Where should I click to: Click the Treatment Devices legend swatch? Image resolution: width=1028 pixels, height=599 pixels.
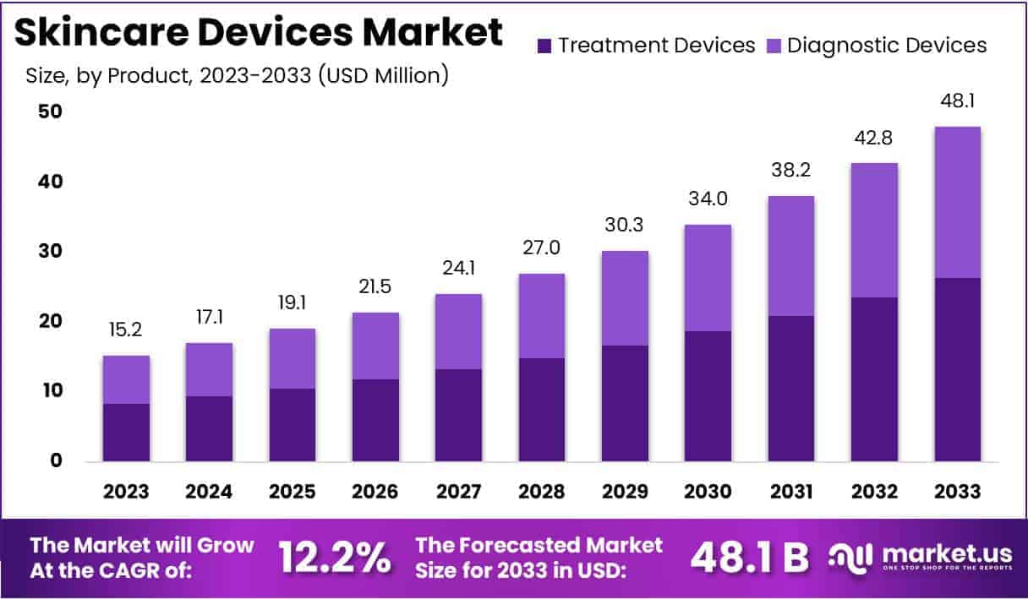click(x=545, y=46)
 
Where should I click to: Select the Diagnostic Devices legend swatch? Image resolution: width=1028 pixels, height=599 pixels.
click(x=773, y=46)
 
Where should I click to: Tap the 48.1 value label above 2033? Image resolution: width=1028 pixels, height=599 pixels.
click(x=957, y=102)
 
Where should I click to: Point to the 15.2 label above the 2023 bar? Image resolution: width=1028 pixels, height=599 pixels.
click(x=126, y=332)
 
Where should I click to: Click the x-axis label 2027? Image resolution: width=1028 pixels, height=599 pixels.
click(x=458, y=492)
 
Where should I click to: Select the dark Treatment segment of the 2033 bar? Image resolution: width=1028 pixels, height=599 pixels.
click(x=957, y=369)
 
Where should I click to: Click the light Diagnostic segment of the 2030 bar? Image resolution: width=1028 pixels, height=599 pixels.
click(x=708, y=278)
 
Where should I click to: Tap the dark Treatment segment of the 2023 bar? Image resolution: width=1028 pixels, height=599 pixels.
click(x=126, y=432)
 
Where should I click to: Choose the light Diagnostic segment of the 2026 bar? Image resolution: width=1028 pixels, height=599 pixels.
click(x=375, y=346)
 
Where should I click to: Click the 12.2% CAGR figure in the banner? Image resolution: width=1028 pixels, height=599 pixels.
click(x=334, y=558)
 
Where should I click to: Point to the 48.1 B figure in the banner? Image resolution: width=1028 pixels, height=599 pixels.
click(x=749, y=558)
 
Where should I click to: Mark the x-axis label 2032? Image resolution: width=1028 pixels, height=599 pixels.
click(x=874, y=492)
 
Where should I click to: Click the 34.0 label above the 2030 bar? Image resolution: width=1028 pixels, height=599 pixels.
click(x=708, y=200)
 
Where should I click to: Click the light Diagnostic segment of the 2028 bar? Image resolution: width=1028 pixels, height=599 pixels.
click(x=541, y=315)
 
